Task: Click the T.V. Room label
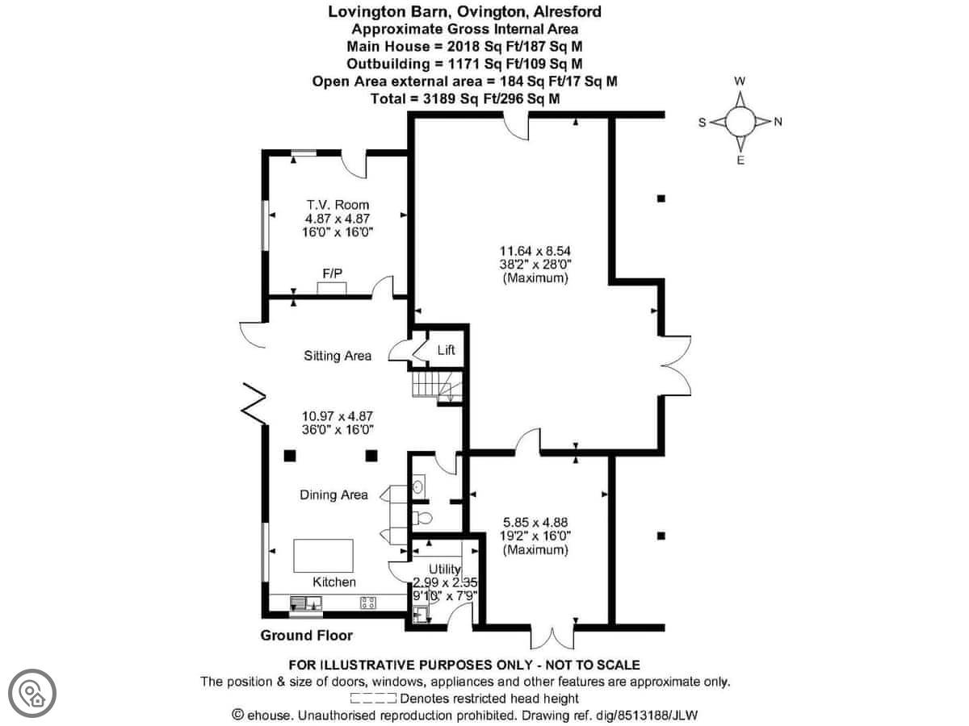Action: [338, 205]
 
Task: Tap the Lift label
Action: [446, 350]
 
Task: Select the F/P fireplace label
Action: [332, 273]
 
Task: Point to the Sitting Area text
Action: [338, 356]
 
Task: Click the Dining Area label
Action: [333, 494]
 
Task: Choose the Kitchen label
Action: [334, 582]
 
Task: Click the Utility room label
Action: [445, 569]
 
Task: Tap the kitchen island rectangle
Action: [324, 556]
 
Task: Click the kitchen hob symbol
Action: [368, 603]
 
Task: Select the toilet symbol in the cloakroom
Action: [422, 518]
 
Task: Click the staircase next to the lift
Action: [437, 387]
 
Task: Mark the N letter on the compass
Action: [778, 122]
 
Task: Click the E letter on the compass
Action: [740, 160]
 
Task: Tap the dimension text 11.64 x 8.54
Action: [535, 251]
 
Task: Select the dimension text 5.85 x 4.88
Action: [535, 523]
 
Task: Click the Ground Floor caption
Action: [306, 635]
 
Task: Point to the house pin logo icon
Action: [32, 694]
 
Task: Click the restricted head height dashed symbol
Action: [374, 699]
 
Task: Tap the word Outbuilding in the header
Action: [388, 64]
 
